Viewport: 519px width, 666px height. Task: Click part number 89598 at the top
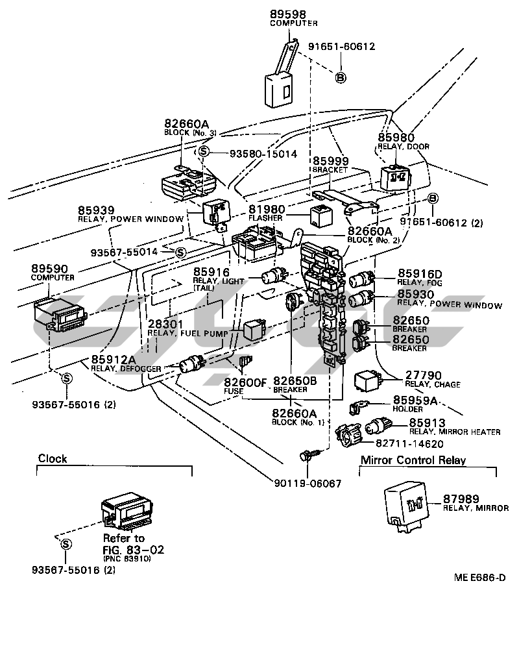click(287, 14)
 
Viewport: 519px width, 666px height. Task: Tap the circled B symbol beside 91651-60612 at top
click(340, 77)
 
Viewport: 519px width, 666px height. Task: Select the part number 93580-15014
click(262, 154)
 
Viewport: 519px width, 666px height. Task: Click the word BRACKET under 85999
click(330, 169)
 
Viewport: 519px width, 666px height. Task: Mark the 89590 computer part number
click(49, 268)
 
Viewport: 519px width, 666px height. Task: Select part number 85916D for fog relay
click(419, 274)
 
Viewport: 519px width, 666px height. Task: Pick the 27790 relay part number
click(423, 375)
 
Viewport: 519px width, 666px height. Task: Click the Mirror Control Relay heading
click(413, 461)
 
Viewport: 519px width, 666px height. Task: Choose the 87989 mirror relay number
click(461, 499)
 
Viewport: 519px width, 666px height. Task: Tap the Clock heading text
click(53, 459)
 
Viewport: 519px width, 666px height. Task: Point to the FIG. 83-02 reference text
click(134, 550)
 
